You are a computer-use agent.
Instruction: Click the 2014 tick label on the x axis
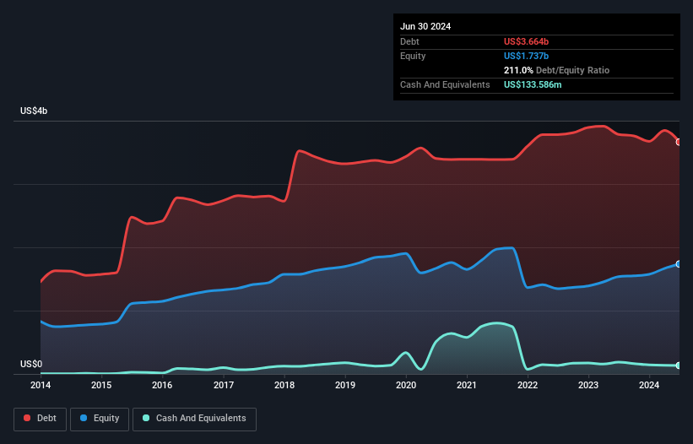coord(41,386)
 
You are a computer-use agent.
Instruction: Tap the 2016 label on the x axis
coord(162,386)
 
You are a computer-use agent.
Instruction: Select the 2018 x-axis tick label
coord(284,386)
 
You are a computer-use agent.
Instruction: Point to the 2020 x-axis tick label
coord(406,386)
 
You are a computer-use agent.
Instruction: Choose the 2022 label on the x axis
coord(528,386)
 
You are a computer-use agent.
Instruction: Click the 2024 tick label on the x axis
coord(649,386)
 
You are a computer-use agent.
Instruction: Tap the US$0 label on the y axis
coord(31,365)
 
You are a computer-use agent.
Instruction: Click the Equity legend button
coord(100,419)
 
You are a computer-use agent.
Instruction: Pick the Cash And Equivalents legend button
coord(194,419)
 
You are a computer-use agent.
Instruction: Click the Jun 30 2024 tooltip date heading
coord(425,26)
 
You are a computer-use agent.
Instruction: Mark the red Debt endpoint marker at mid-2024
coord(679,142)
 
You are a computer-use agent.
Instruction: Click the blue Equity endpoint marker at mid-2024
coord(679,264)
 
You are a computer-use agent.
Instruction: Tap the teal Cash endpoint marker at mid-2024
coord(679,365)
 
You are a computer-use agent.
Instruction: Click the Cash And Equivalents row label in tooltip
coord(445,84)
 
